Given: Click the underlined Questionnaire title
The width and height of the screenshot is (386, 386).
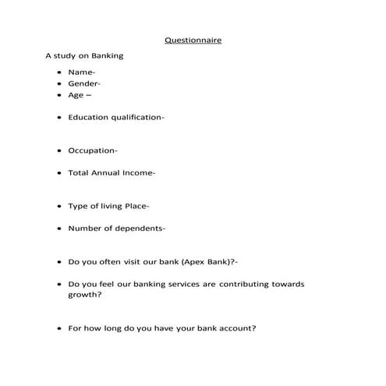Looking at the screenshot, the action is point(193,40).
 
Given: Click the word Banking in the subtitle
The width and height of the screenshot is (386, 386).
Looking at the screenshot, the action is point(107,56).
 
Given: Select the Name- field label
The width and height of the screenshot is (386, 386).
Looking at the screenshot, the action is point(82,73).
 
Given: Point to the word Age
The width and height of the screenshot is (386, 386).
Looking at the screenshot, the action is point(76,95).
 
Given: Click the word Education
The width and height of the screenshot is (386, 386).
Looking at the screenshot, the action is point(88,117).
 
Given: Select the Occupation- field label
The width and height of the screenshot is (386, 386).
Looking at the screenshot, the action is point(93,151).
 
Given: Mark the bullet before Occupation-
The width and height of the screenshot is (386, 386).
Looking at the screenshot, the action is point(59,151).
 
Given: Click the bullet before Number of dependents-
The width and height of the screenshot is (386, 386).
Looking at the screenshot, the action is point(59,228).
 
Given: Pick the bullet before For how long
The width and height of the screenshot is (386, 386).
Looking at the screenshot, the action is point(59,328).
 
